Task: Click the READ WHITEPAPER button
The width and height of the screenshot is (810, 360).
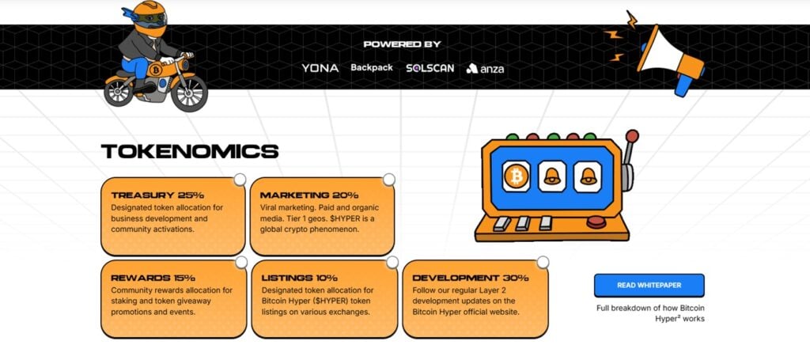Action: (649, 285)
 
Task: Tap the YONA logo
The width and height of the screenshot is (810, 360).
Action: (320, 68)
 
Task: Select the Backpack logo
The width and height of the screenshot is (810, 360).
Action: (372, 68)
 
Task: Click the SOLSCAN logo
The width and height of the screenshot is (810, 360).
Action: (430, 68)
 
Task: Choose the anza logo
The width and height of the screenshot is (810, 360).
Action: (485, 69)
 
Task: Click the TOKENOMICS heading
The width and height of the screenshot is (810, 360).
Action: (190, 151)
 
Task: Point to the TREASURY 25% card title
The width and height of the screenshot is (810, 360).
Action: (157, 195)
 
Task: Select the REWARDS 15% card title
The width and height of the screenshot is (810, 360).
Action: (153, 278)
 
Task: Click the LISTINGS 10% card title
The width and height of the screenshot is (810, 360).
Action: (299, 278)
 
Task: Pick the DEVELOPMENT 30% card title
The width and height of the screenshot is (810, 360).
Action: (471, 278)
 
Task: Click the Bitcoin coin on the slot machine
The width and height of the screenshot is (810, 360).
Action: (516, 176)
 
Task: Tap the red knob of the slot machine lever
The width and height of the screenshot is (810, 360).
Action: (631, 136)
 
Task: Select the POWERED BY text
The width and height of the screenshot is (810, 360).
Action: (402, 44)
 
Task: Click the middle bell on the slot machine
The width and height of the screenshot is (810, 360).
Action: (551, 176)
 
